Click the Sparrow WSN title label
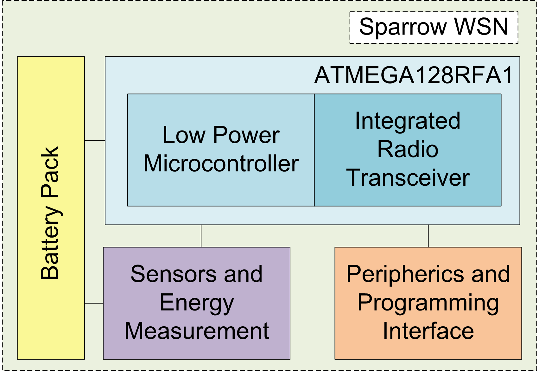point(434,27)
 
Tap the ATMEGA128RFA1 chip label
point(414,76)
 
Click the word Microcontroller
point(221,164)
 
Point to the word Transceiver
point(408,178)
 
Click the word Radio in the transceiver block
point(408,149)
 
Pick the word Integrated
point(408,121)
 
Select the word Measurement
point(197,331)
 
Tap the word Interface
point(428,331)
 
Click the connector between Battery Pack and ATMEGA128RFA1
point(95,140)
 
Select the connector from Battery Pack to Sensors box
point(94,303)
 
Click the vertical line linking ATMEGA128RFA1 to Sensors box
point(201,236)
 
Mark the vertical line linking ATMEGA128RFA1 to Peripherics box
point(428,236)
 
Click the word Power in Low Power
point(246,136)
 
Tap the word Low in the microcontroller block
point(184,135)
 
